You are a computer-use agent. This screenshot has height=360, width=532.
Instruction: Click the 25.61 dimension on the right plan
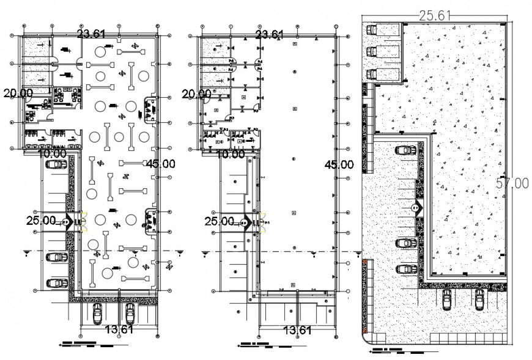coord(435,15)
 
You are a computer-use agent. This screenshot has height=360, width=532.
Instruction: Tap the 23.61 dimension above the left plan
coord(93,34)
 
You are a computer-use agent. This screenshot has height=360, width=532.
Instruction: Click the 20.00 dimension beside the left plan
coord(18,93)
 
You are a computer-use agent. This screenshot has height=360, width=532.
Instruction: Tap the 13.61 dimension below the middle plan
coord(298,331)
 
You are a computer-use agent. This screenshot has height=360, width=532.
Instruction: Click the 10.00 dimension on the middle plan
coord(231,155)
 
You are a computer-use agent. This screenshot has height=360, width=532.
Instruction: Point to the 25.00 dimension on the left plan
coord(41,221)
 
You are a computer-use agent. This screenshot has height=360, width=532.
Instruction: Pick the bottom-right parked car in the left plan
coord(130,313)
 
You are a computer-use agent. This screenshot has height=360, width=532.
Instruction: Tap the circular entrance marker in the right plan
coord(416,208)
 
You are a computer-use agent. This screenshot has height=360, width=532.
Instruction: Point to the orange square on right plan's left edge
coord(366,262)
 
